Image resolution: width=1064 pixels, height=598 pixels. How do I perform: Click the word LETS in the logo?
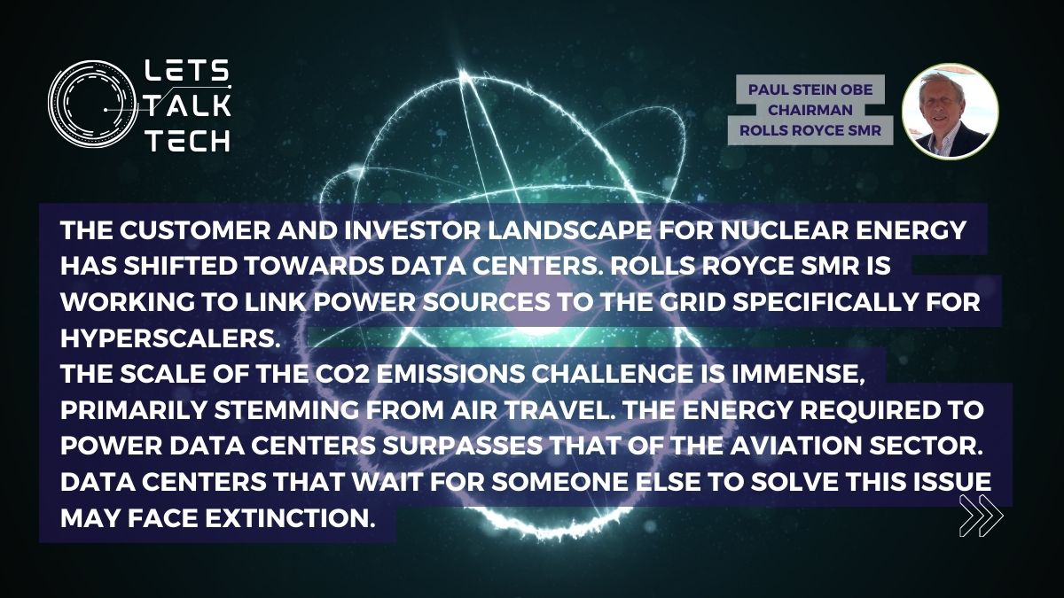(187, 71)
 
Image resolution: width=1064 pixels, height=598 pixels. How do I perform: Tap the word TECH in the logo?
(188, 141)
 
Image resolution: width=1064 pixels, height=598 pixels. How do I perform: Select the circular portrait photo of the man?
(950, 111)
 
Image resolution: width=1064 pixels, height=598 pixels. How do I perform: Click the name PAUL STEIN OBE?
(810, 89)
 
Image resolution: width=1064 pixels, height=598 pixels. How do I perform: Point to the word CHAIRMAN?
(810, 110)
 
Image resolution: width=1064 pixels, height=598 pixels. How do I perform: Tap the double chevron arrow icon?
(981, 516)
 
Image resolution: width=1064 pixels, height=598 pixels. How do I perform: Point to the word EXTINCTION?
(287, 517)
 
